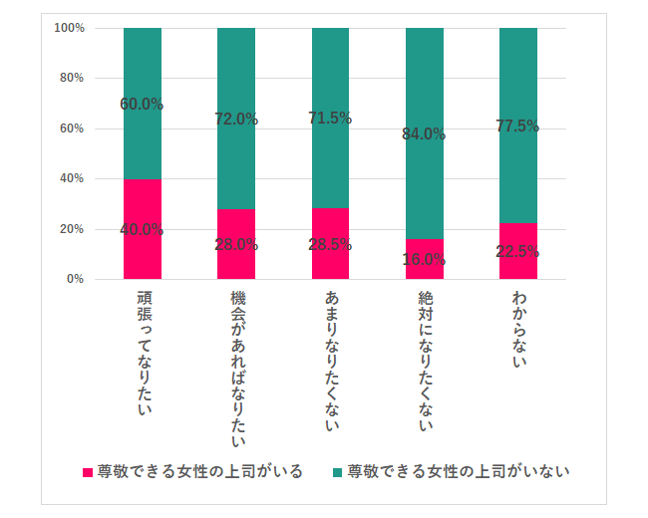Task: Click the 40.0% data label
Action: click(x=142, y=229)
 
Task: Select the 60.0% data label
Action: click(x=142, y=104)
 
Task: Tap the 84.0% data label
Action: click(x=424, y=134)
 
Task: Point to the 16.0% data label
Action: click(x=424, y=259)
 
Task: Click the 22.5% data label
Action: click(x=517, y=251)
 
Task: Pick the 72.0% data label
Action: click(x=236, y=120)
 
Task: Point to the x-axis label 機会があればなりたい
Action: click(x=236, y=368)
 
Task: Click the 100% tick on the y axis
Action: click(x=70, y=28)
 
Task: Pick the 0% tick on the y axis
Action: click(x=75, y=279)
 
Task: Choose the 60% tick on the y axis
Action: click(x=72, y=129)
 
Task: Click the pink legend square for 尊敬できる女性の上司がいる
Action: click(x=88, y=471)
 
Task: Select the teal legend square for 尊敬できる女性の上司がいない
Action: click(x=338, y=471)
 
